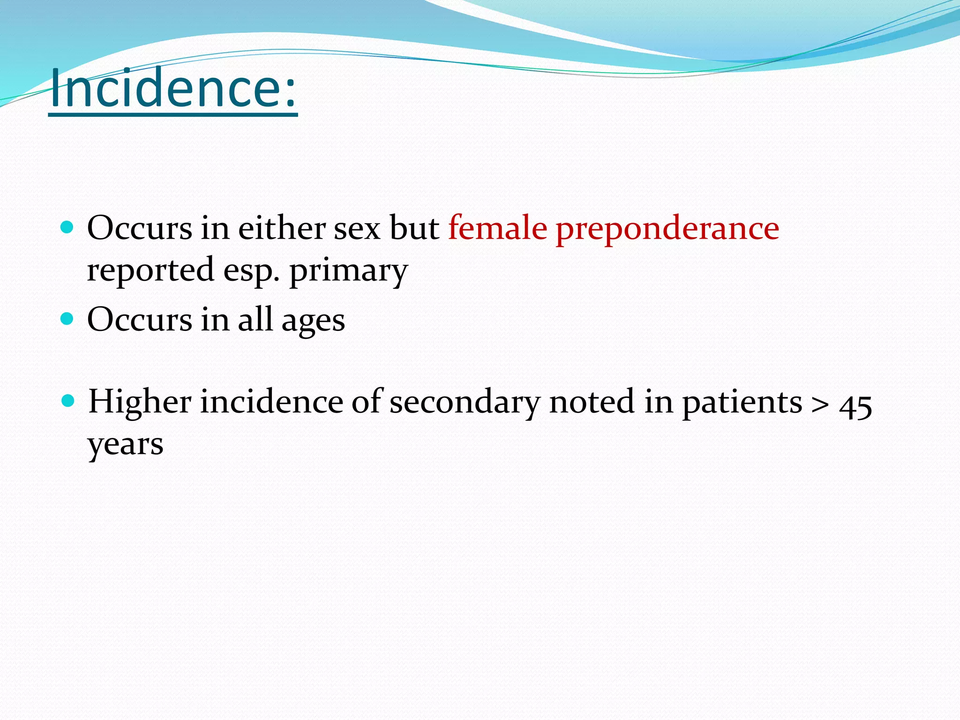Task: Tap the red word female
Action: (x=497, y=228)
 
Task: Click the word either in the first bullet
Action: (x=282, y=228)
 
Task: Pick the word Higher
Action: (x=140, y=402)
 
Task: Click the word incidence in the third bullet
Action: (x=271, y=402)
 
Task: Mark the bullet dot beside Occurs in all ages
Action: (x=67, y=319)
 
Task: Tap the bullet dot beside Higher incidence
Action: (x=68, y=401)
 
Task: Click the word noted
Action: (x=592, y=402)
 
